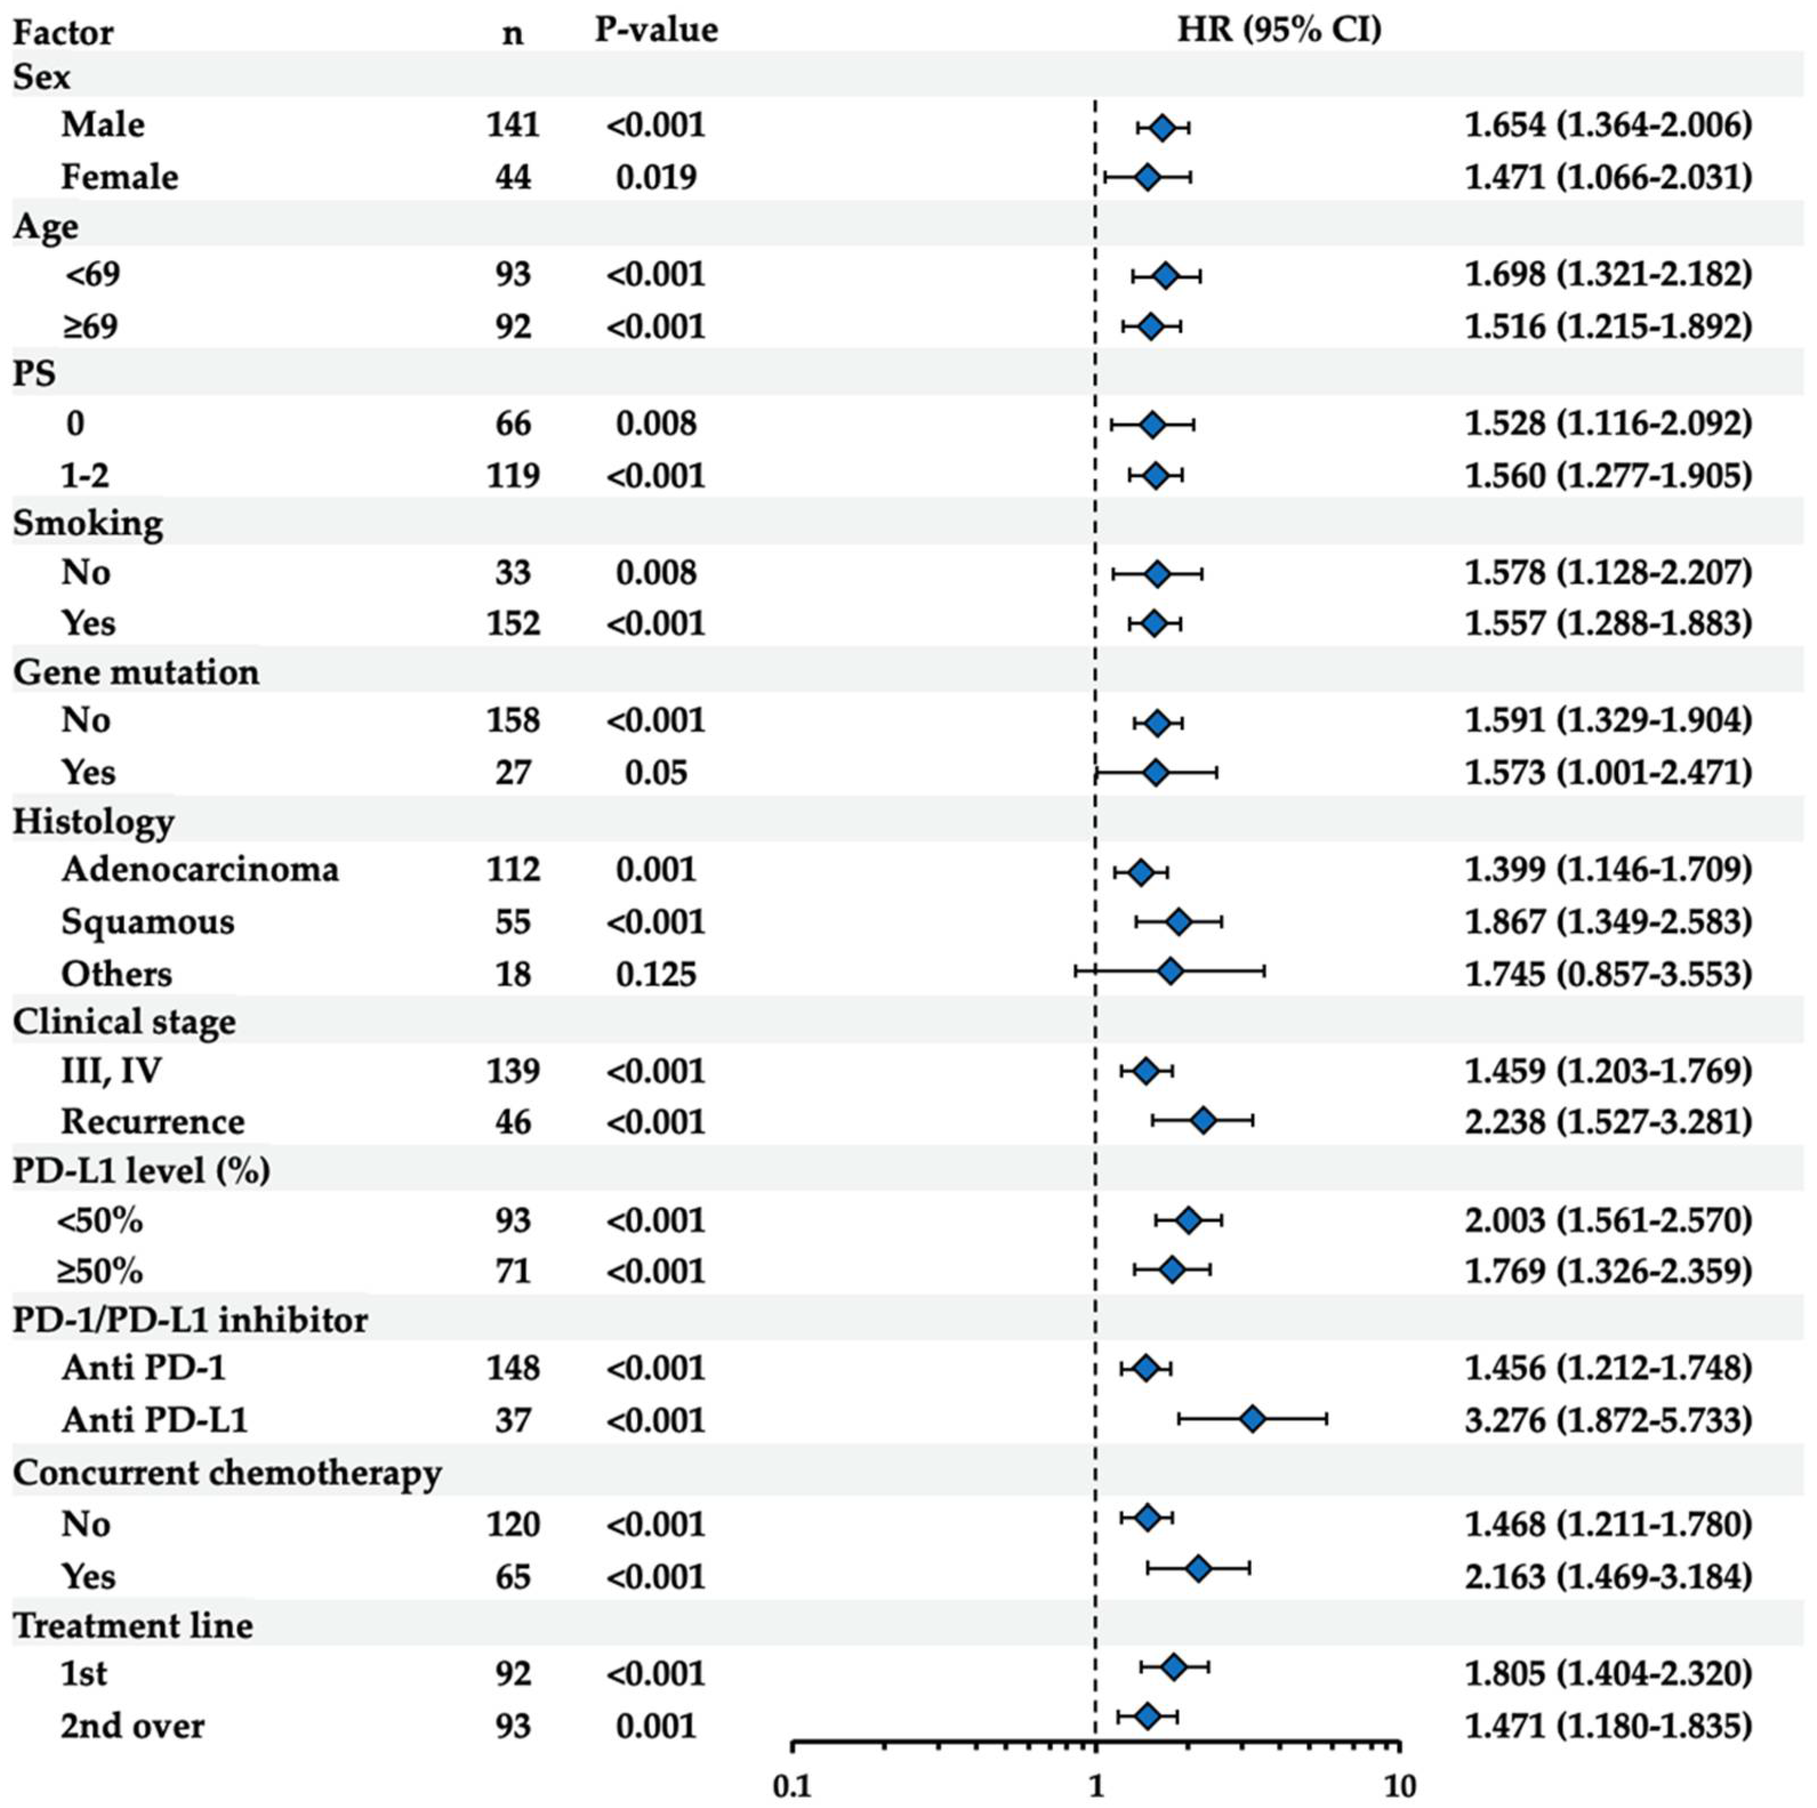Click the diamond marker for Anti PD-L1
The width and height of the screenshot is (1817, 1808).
(1252, 1420)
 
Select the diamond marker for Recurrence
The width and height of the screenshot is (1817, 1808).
(1203, 1121)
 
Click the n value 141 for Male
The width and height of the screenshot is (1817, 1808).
(513, 125)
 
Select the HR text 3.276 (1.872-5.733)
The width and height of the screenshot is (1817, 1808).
(1608, 1420)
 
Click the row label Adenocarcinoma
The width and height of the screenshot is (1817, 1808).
(199, 869)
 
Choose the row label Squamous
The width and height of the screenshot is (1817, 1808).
(148, 921)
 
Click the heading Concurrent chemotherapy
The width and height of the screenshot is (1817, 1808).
(227, 1472)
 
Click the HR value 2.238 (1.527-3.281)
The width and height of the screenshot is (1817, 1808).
(1608, 1121)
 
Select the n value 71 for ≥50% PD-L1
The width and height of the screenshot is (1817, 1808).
(513, 1271)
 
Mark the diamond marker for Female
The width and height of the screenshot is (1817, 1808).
(1147, 177)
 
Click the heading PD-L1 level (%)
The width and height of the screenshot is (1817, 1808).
(141, 1171)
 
